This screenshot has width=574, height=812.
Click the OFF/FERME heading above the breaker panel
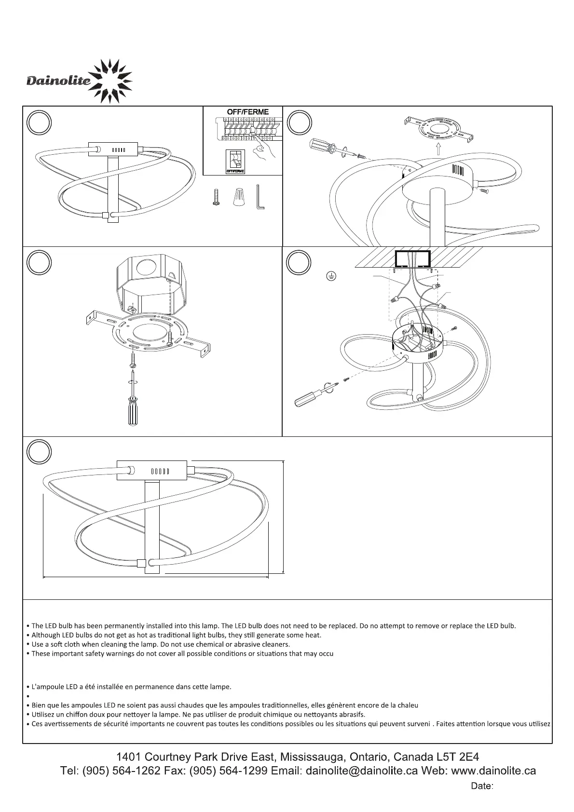pyautogui.click(x=247, y=112)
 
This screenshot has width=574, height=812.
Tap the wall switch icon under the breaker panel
pyautogui.click(x=235, y=161)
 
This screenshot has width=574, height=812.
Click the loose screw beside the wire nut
pyautogui.click(x=216, y=197)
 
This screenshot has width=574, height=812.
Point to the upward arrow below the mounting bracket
pyautogui.click(x=438, y=148)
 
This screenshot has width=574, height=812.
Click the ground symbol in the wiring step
pyautogui.click(x=331, y=276)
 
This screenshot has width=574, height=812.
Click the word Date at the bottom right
pyautogui.click(x=481, y=786)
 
